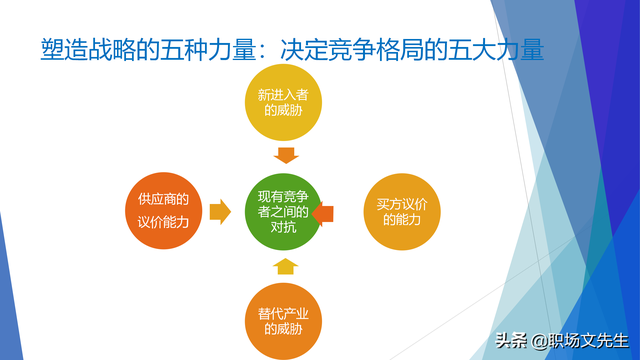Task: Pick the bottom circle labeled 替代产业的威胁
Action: click(285, 320)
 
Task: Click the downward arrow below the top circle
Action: click(286, 154)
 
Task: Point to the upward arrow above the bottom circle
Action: click(286, 265)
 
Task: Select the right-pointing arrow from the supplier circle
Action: click(220, 211)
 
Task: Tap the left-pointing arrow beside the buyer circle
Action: click(323, 212)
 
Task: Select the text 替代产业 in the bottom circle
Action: click(285, 312)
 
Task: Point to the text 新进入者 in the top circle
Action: click(286, 95)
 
